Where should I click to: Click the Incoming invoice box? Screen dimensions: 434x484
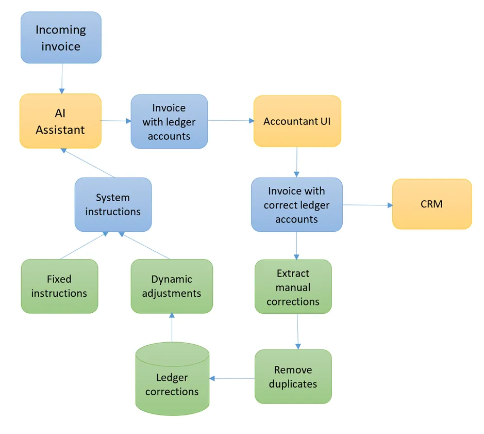(61, 38)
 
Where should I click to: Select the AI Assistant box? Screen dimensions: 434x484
(60, 121)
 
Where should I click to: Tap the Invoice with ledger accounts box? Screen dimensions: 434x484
(169, 122)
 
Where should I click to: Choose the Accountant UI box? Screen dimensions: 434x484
(297, 121)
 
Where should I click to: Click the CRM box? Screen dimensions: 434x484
(431, 204)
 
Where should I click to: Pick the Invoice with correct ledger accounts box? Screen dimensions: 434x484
(296, 205)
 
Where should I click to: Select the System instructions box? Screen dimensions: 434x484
(113, 204)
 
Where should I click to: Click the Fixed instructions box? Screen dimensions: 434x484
(59, 286)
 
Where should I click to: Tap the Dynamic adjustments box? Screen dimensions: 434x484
(171, 286)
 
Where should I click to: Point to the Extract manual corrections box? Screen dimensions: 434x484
(293, 287)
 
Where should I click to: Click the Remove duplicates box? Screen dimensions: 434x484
(293, 377)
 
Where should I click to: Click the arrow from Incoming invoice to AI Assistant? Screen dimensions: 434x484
(61, 78)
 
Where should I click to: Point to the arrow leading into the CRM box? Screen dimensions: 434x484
(367, 205)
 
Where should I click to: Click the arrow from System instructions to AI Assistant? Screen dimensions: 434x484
(88, 163)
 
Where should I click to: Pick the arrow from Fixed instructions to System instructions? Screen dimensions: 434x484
(84, 245)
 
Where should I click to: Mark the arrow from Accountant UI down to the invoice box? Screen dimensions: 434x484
(296, 162)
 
